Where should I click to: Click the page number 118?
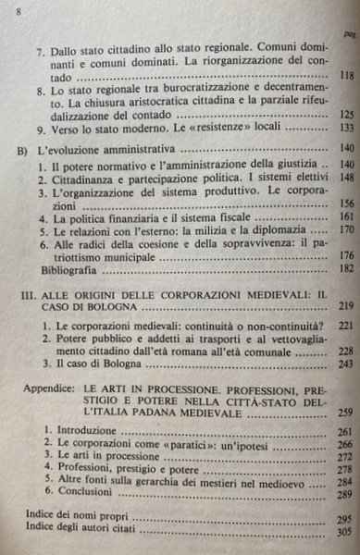(x=348, y=76)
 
